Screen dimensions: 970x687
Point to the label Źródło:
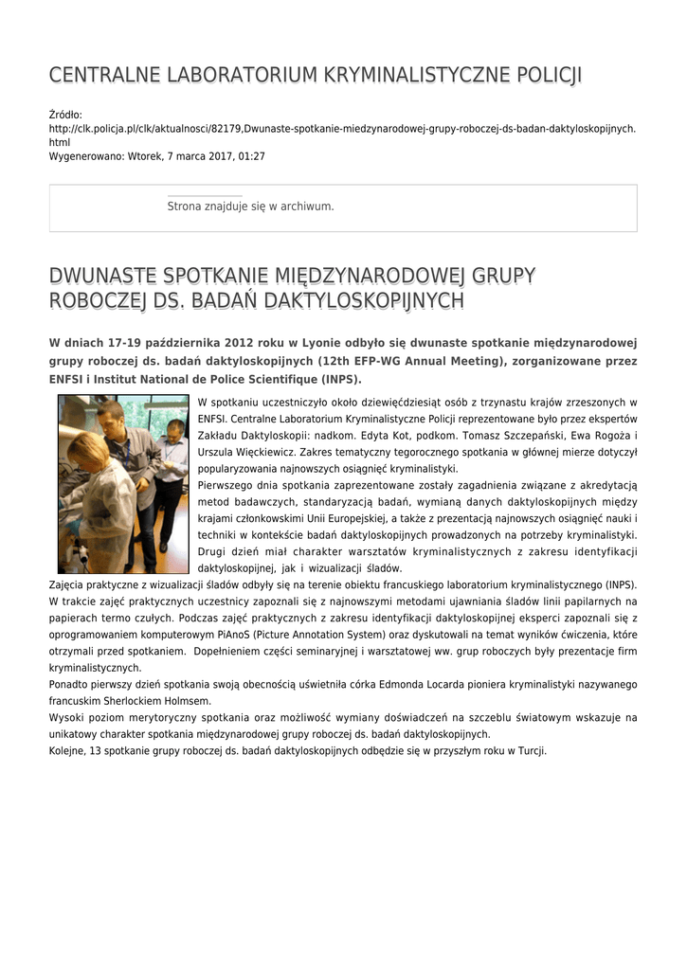tap(66, 114)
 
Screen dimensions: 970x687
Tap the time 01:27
tap(251, 155)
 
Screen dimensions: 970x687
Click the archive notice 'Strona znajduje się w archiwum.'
tap(250, 206)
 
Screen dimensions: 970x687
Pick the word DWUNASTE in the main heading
tap(103, 276)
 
